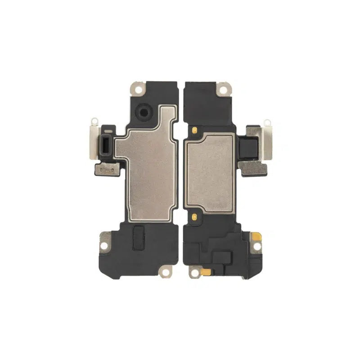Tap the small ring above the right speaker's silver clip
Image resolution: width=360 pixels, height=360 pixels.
(x=267, y=122)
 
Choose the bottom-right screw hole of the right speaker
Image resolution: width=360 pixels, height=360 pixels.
(x=256, y=247)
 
